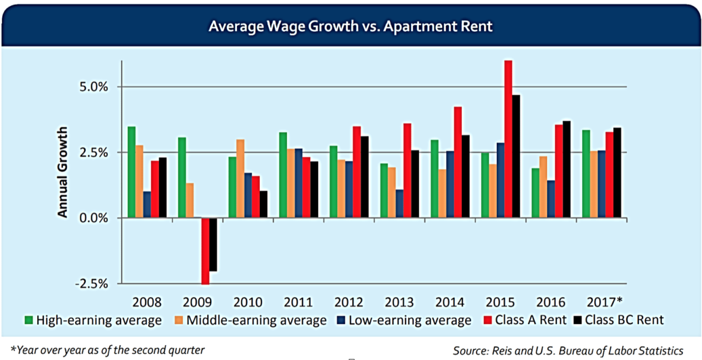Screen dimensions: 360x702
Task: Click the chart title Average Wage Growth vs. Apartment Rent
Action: point(350,26)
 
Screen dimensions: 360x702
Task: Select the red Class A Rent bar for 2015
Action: point(508,139)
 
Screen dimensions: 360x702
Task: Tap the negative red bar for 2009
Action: point(205,251)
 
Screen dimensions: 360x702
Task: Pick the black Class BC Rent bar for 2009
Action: point(213,245)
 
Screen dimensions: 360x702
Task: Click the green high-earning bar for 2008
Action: point(131,172)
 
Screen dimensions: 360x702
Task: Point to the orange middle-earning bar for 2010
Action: point(240,179)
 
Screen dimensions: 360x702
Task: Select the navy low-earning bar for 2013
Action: point(400,204)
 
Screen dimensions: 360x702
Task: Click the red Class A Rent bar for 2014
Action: point(457,162)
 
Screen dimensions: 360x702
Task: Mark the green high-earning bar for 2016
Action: point(535,193)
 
